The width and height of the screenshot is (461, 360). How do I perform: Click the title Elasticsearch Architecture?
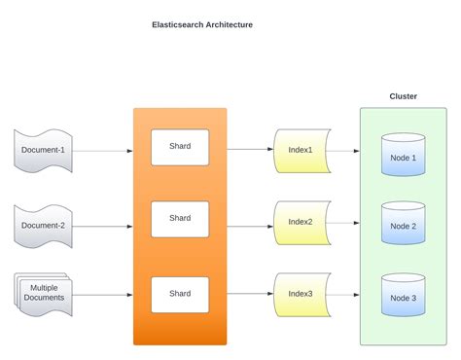click(202, 24)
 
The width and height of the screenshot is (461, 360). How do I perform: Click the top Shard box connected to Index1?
click(180, 147)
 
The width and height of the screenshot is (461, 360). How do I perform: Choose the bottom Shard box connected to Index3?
click(180, 294)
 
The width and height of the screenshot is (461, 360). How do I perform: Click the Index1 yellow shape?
click(301, 150)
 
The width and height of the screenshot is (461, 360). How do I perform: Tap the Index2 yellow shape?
click(301, 222)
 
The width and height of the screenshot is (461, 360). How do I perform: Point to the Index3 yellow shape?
click(301, 293)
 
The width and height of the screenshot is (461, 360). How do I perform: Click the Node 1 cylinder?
click(403, 156)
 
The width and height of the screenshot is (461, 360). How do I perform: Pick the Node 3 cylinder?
click(403, 297)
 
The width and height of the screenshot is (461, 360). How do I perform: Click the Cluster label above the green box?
click(403, 96)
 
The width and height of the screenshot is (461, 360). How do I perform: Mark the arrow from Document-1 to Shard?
click(102, 151)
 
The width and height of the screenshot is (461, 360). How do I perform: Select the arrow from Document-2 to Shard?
click(102, 226)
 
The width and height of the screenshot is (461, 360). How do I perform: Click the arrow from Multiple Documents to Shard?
click(102, 293)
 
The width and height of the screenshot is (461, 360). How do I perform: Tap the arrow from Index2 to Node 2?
click(355, 224)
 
